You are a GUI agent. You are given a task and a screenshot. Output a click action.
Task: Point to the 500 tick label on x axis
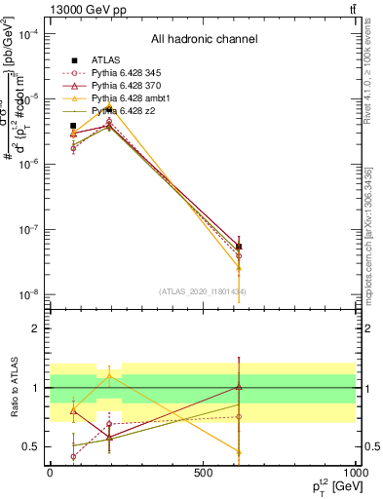pyautogui.click(x=203, y=472)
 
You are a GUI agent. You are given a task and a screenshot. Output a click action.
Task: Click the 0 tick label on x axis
pyautogui.click(x=50, y=472)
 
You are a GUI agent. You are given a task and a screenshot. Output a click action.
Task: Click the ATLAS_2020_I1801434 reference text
pyautogui.click(x=204, y=291)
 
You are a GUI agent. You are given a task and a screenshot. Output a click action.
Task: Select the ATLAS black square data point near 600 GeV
pyautogui.click(x=239, y=247)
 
